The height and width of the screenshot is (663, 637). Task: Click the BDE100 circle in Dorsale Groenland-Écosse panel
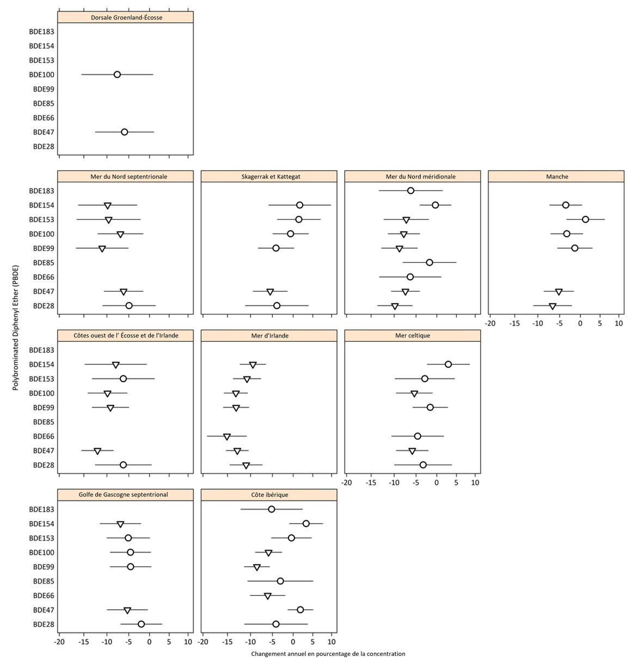[x=117, y=75]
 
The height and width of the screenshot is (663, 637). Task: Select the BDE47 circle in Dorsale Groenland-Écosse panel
[x=124, y=132]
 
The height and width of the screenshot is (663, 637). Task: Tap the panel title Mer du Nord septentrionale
[x=126, y=176]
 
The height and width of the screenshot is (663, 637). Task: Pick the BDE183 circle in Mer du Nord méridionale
[x=411, y=191]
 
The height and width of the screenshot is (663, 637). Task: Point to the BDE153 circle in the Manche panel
[x=585, y=219]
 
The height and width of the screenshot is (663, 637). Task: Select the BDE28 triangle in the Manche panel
[x=553, y=306]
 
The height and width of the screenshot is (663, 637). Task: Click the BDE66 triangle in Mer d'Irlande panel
[x=227, y=437]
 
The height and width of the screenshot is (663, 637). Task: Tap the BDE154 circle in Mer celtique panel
[x=448, y=364]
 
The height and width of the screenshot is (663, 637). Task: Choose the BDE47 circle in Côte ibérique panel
[x=300, y=610]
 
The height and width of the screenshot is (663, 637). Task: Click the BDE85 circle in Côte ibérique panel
[x=280, y=581]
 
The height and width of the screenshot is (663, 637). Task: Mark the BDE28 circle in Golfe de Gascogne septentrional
[x=141, y=624]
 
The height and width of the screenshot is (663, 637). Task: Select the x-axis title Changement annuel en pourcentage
[x=328, y=654]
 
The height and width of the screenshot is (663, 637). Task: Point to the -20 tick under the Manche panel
[x=491, y=323]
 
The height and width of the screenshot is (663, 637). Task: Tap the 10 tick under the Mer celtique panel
[x=475, y=482]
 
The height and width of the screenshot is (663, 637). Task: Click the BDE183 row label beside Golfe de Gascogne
[x=41, y=509]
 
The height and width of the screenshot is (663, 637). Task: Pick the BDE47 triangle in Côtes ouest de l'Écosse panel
[x=97, y=451]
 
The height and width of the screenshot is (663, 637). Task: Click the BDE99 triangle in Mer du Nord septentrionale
[x=102, y=249]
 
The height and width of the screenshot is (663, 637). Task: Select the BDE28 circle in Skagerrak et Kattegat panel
[x=277, y=306]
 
